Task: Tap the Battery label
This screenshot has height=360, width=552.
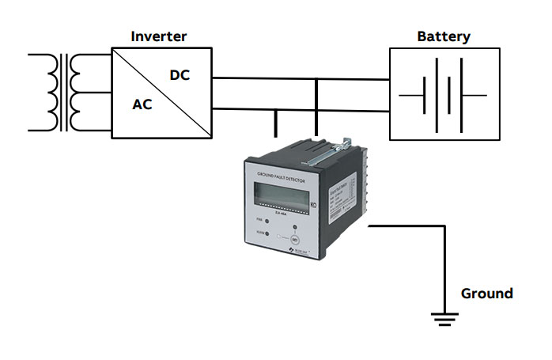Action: coord(444,36)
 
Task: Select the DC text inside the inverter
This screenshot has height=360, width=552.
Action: coord(180,75)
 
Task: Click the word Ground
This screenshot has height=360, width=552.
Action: coord(486,294)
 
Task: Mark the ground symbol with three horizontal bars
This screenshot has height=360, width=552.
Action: coord(444,319)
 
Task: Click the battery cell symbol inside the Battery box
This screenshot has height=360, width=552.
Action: coord(443,95)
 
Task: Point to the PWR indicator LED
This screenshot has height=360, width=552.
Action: coord(267,221)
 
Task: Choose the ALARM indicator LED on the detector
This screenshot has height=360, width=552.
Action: coord(267,234)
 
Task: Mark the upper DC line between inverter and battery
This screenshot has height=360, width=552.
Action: coord(301,79)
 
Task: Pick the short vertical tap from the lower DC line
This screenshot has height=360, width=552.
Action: coord(276,122)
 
